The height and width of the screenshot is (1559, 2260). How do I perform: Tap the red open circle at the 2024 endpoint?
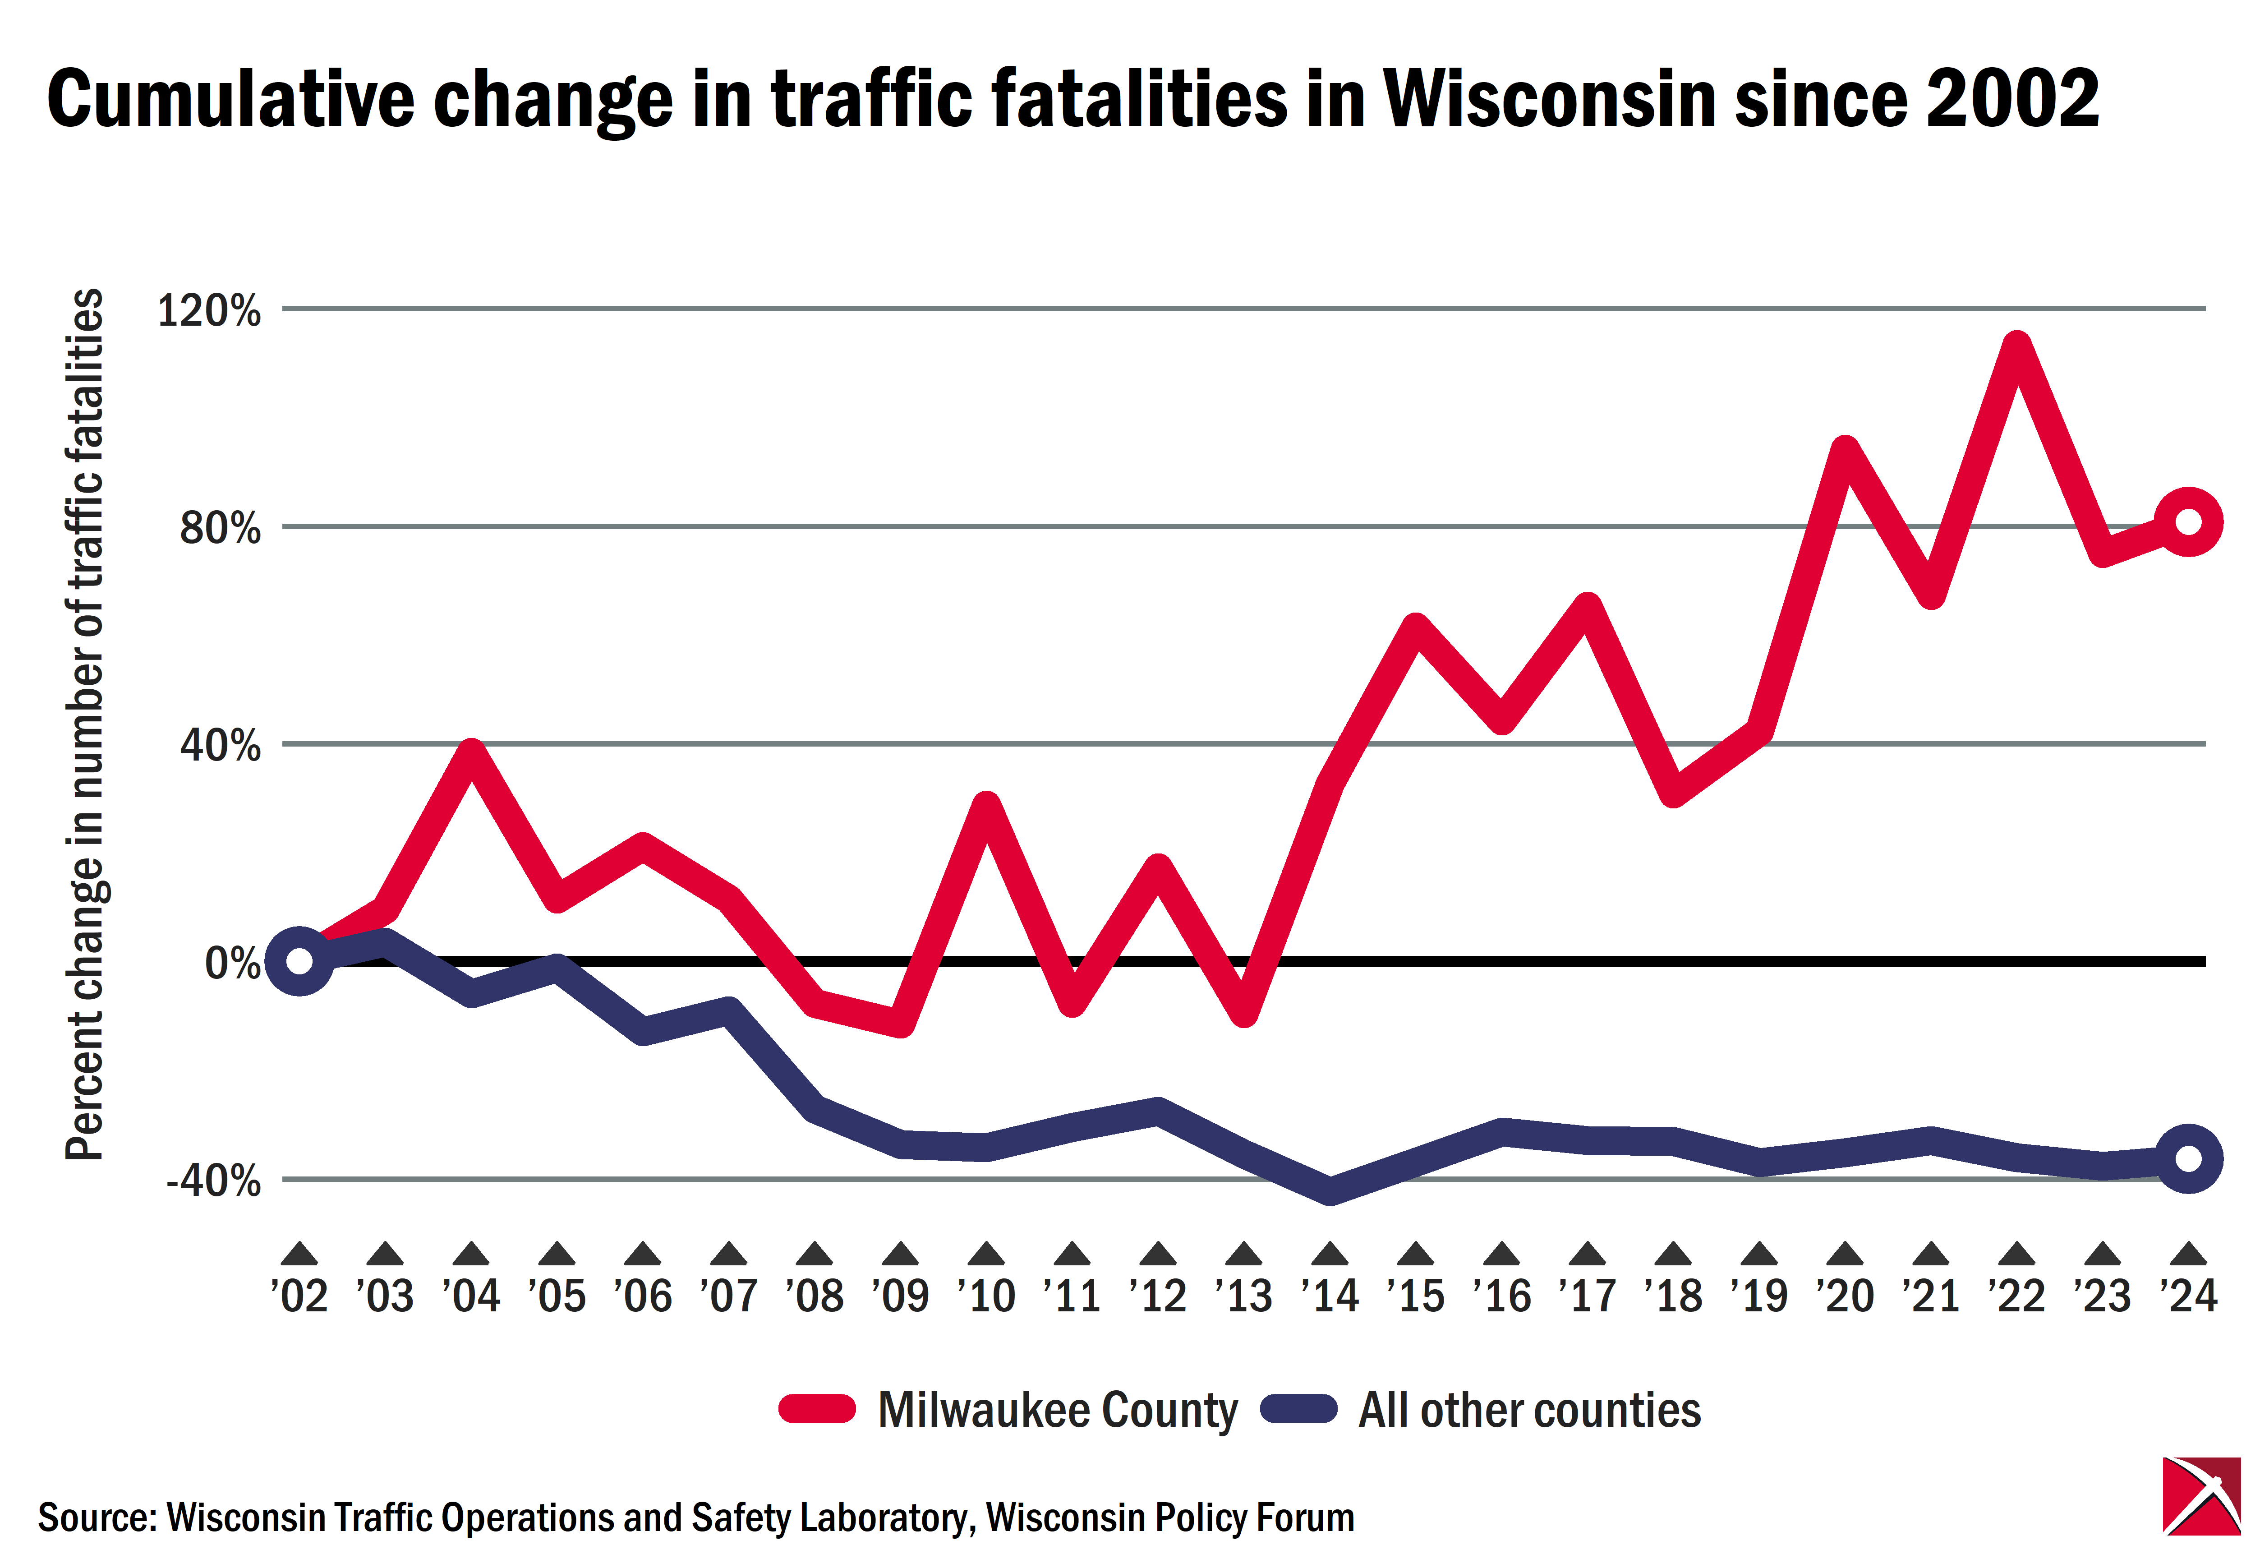(x=2188, y=521)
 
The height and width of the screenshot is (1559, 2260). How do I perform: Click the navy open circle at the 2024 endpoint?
(x=2188, y=1158)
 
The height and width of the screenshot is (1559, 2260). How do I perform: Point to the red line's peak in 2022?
(x=2016, y=347)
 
